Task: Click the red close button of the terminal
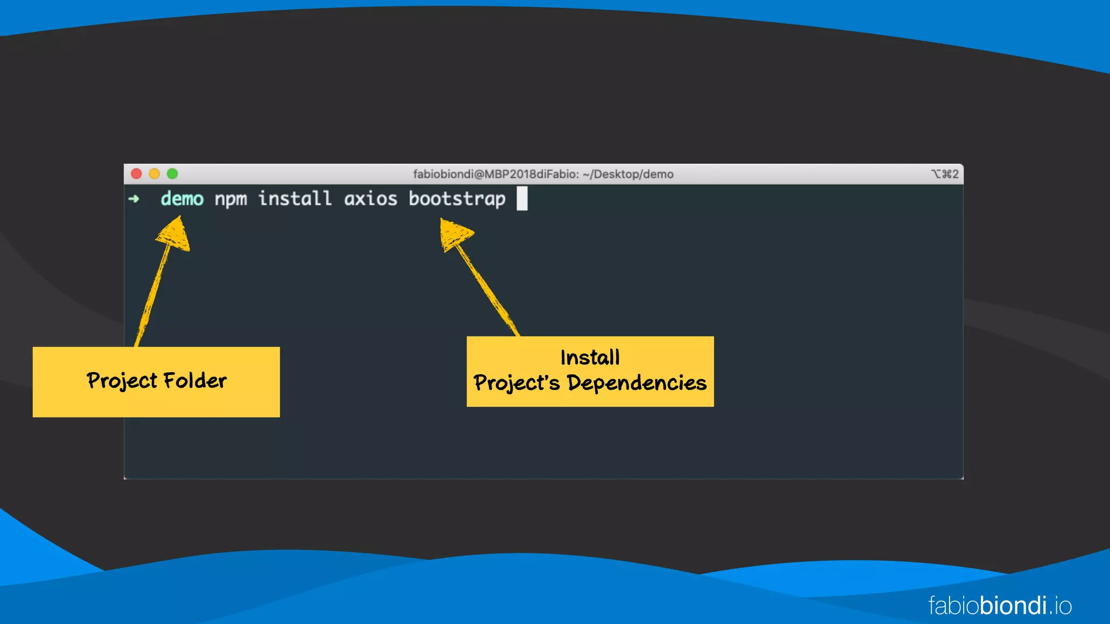[137, 173]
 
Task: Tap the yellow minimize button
[154, 173]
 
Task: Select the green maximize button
[172, 173]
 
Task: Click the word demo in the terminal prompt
[182, 199]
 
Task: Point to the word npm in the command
[230, 199]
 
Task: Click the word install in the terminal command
[295, 198]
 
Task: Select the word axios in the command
[371, 199]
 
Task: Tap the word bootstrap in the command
[457, 199]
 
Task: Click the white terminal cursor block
[522, 198]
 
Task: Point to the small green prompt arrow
[134, 199]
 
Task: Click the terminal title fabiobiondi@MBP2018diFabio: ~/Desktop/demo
[543, 174]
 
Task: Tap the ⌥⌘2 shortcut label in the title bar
[945, 174]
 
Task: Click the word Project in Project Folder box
[122, 381]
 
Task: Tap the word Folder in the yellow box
[195, 380]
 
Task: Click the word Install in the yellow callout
[590, 357]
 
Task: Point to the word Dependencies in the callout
[637, 383]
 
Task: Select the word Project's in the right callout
[517, 383]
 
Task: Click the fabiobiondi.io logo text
[1000, 606]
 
